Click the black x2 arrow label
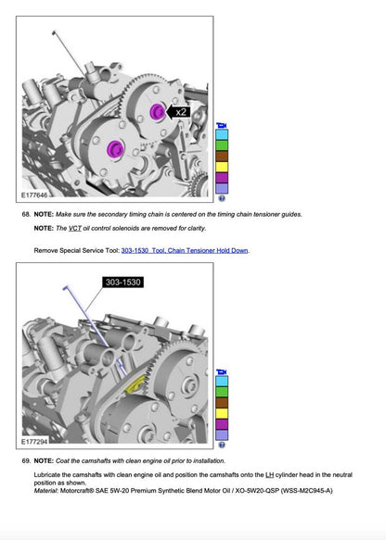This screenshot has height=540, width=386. tap(179, 112)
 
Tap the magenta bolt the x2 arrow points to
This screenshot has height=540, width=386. tap(158, 111)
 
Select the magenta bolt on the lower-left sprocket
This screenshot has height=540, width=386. tap(115, 148)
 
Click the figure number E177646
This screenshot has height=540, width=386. tap(34, 195)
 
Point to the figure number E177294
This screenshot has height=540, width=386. tap(34, 442)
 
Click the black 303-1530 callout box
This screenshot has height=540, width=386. tap(122, 283)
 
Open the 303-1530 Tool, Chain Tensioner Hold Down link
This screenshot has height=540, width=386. tap(185, 250)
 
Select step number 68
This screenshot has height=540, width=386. tap(26, 214)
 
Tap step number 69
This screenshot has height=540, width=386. tap(26, 460)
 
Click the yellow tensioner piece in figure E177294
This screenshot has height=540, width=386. tap(135, 384)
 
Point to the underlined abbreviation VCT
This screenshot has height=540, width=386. tap(75, 229)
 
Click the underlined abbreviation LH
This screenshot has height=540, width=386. tap(269, 475)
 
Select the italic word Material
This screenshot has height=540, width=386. tap(45, 490)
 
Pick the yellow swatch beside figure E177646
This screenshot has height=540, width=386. tap(222, 167)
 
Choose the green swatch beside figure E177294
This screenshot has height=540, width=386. tap(222, 392)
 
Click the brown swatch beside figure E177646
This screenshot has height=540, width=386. tap(222, 156)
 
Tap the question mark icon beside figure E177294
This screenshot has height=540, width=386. tap(222, 445)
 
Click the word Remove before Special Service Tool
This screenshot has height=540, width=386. tap(45, 250)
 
